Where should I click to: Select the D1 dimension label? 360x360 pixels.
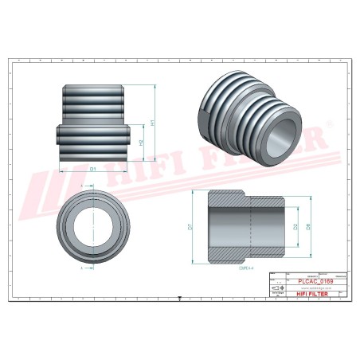pos(92,169)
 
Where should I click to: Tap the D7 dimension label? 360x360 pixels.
pos(190,227)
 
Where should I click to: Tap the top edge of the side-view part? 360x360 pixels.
pos(92,84)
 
